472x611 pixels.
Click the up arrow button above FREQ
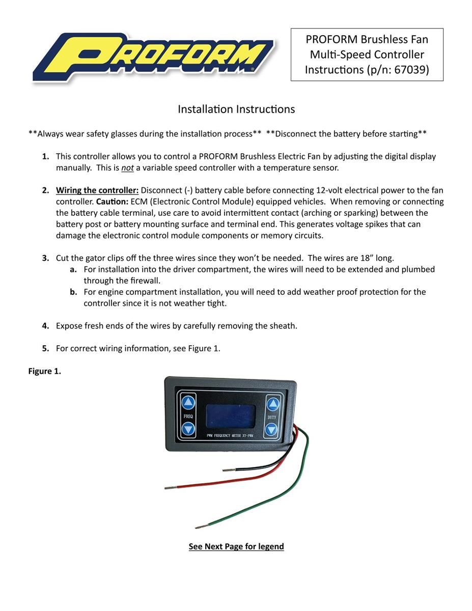coord(188,402)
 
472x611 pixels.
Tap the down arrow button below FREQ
coord(188,429)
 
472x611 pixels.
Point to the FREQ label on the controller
coord(188,416)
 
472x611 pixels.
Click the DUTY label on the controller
coord(272,418)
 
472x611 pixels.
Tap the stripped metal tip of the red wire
coord(170,488)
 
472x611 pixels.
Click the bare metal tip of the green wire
coord(201,526)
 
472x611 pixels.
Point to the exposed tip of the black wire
coord(229,469)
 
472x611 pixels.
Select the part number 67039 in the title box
coord(411,70)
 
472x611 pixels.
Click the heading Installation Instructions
coord(236,109)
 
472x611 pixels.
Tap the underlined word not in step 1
coord(127,168)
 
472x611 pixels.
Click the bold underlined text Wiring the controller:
coord(97,190)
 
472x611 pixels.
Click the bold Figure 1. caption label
coord(44,371)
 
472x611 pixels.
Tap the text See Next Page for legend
coord(236,546)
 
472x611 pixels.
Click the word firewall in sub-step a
coord(145,281)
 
